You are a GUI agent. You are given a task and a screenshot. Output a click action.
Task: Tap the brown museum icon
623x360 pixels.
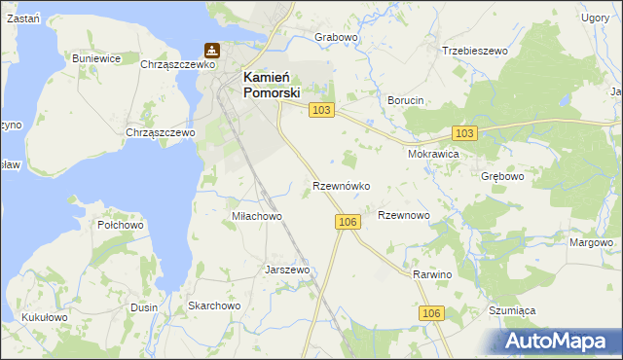[x=211, y=50]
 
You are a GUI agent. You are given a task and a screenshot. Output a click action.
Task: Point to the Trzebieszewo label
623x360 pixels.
[x=476, y=51]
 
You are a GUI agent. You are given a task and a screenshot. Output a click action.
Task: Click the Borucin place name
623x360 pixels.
[x=406, y=100]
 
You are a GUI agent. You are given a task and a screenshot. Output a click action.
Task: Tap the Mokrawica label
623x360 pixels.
[x=432, y=154]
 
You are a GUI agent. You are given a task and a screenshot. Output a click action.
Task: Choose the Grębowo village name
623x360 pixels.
[x=502, y=177]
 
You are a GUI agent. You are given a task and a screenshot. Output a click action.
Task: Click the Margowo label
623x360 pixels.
[x=592, y=242]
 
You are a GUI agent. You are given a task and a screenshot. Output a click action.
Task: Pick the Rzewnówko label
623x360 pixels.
[x=340, y=185]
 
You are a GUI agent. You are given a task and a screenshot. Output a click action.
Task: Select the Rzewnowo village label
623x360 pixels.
[x=403, y=215]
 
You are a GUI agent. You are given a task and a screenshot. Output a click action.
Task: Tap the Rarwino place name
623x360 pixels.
[x=433, y=275]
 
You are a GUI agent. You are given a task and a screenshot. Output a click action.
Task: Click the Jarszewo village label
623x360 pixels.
[x=287, y=270]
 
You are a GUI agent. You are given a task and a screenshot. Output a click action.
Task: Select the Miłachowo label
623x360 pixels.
[x=256, y=216]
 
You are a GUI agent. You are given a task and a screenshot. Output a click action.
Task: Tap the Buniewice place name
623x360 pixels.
[x=96, y=58]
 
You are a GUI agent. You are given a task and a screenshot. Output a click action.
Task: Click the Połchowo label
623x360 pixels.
[x=121, y=225]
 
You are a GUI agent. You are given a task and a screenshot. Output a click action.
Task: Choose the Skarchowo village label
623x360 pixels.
[x=214, y=306]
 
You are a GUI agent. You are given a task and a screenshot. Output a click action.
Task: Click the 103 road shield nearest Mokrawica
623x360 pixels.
[x=464, y=132]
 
